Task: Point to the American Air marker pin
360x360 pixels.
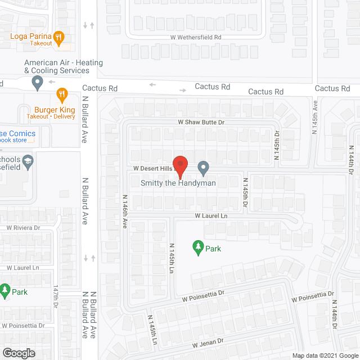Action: tap(38, 84)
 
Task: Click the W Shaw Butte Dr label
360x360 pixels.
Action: tap(201, 122)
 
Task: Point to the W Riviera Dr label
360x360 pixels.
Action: tap(24, 228)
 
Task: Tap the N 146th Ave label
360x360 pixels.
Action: tap(124, 211)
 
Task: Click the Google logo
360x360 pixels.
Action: tap(18, 353)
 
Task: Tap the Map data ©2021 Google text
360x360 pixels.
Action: tap(324, 355)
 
